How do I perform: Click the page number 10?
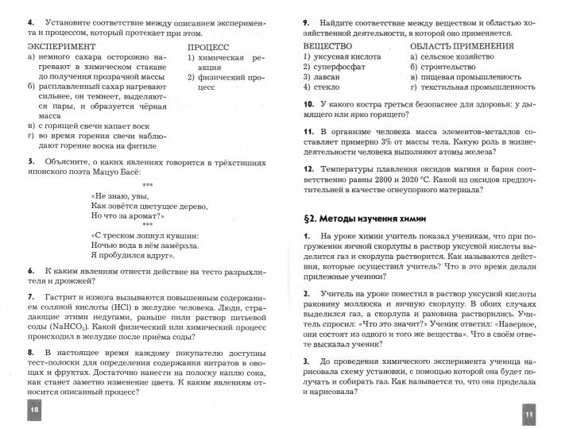33,407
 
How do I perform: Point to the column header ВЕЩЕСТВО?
327,46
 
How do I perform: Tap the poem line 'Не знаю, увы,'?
120,194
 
